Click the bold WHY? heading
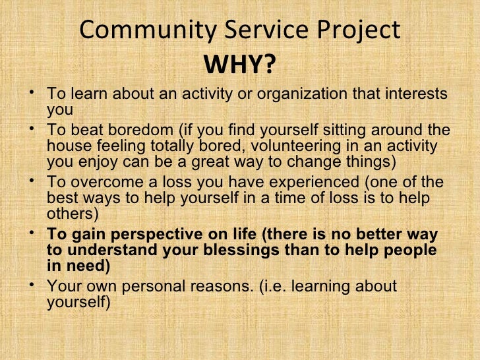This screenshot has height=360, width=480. [x=240, y=65]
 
